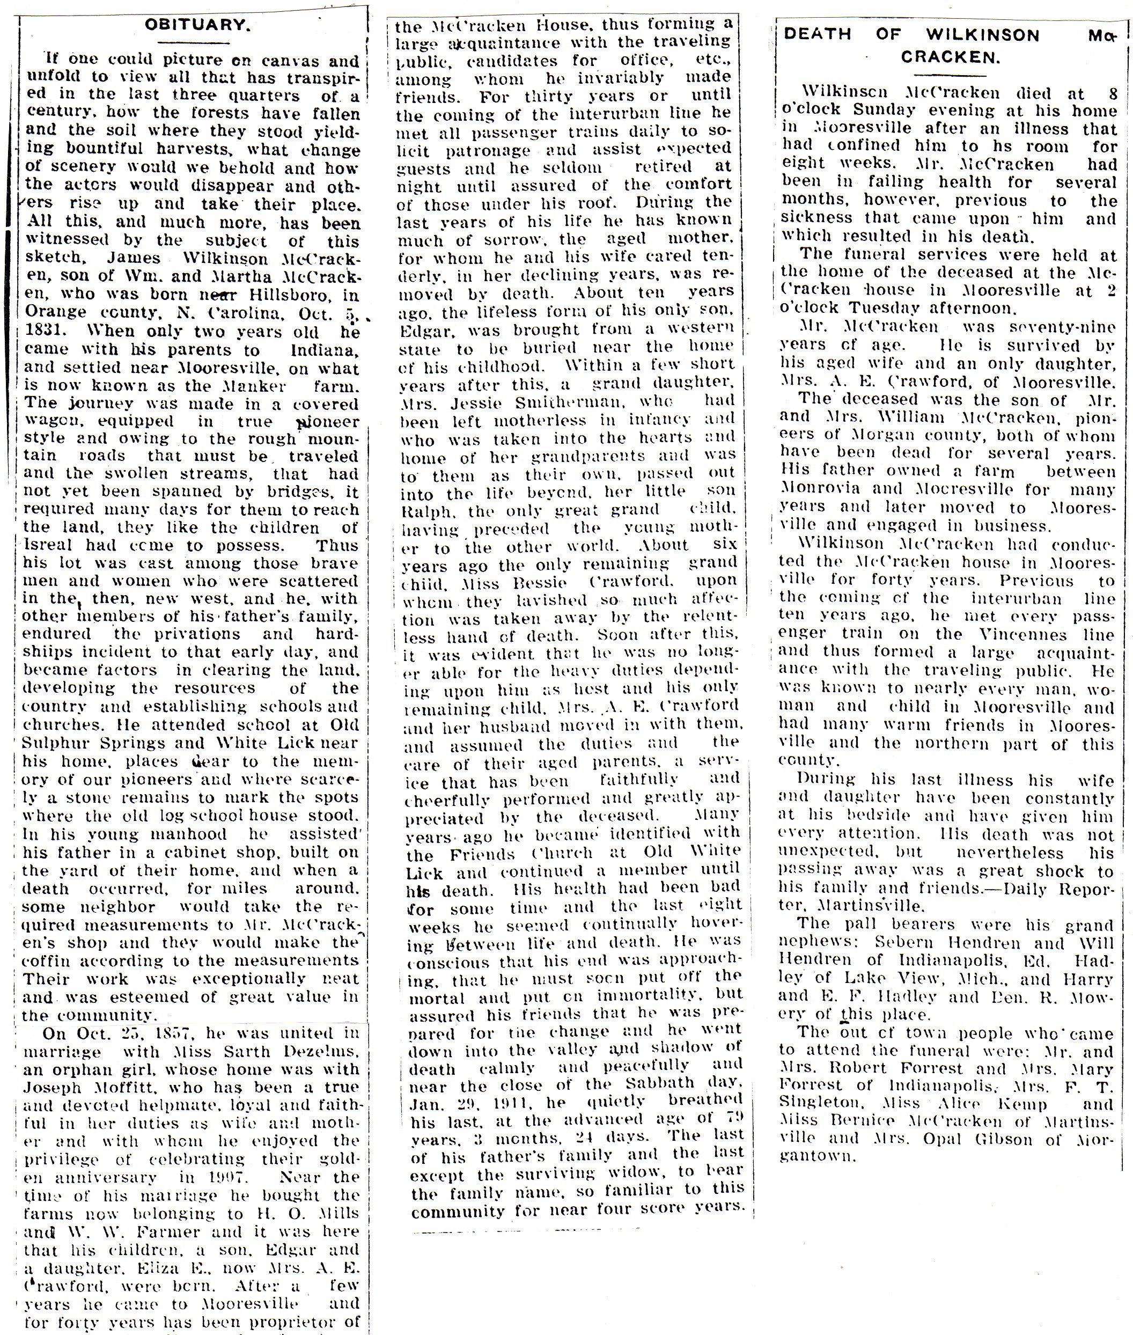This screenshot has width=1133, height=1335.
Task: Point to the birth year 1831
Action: (46, 332)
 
